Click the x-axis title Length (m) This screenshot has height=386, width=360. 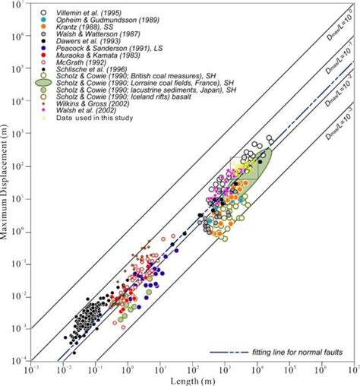point(193,380)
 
